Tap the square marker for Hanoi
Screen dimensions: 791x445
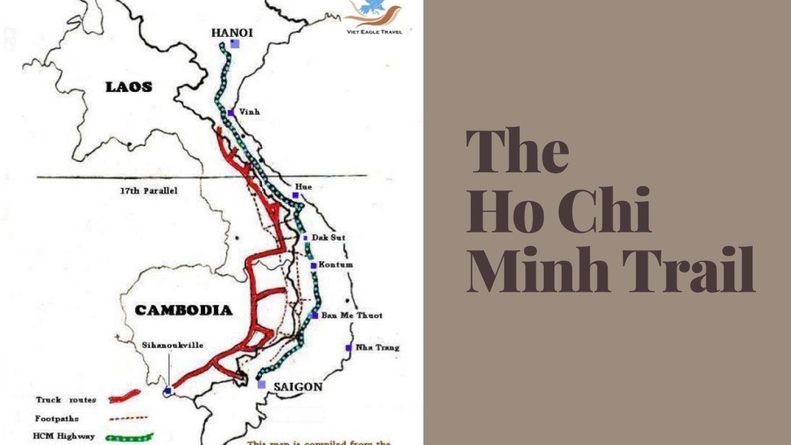235,44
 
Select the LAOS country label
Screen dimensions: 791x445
129,87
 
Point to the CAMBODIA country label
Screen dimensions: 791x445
184,310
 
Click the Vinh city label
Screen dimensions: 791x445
249,112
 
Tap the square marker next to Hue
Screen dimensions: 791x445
295,195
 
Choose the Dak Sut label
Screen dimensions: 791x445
328,237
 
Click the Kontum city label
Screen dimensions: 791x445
336,265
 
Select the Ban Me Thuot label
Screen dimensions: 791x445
352,315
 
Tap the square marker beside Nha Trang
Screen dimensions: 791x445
349,347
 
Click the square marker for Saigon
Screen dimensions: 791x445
261,384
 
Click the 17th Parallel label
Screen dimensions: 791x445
148,191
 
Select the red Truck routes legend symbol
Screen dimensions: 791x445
124,398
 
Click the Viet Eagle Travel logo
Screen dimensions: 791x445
373,17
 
